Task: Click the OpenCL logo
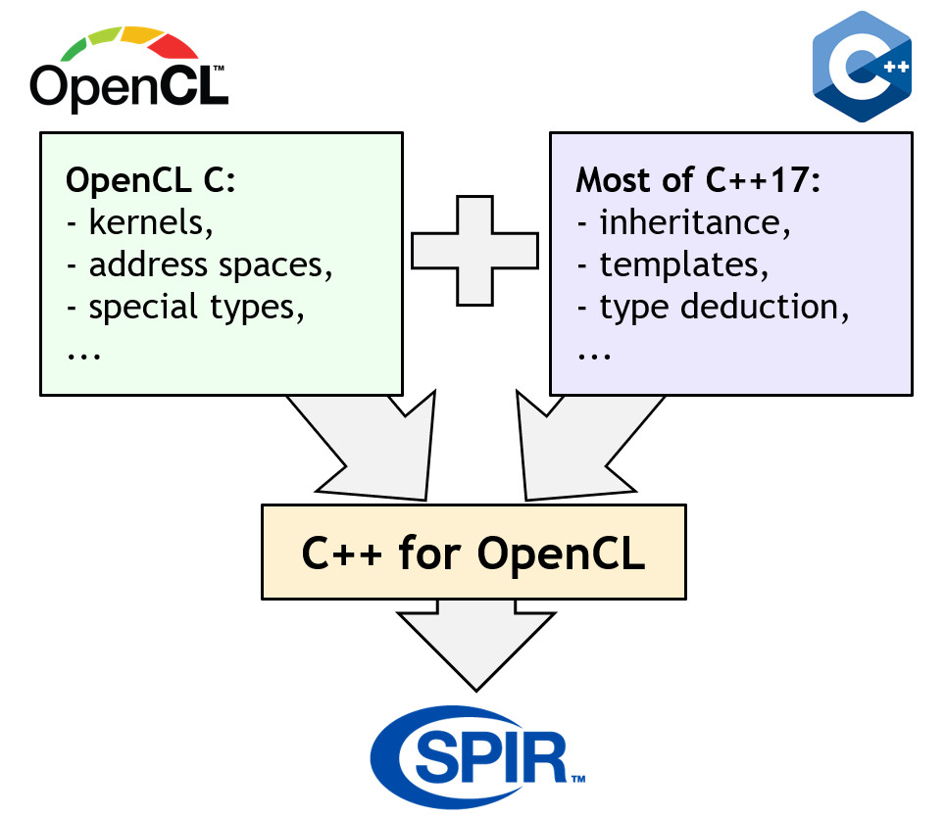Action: click(128, 72)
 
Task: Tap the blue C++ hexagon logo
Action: click(862, 67)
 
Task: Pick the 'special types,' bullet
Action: click(185, 307)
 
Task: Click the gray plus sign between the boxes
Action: click(475, 250)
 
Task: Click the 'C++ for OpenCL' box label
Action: click(473, 553)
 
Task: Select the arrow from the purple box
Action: click(578, 446)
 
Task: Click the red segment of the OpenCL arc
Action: click(177, 45)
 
